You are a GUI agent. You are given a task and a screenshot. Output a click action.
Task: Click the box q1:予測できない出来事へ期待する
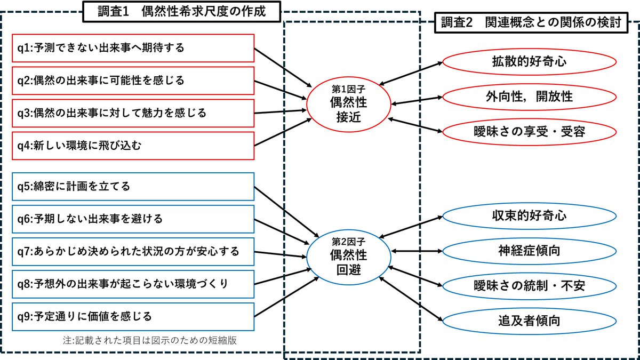133,48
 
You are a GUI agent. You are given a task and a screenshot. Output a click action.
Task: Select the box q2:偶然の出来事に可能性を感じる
133,81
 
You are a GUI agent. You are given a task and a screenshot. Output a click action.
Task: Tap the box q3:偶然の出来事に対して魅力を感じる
133,113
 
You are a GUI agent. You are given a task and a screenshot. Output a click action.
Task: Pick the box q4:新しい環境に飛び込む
133,145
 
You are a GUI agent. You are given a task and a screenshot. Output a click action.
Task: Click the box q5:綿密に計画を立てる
133,187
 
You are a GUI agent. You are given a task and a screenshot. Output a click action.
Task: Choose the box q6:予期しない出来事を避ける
133,219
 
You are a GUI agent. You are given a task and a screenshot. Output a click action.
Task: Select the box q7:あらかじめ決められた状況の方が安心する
133,251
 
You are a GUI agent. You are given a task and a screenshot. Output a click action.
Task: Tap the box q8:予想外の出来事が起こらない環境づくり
133,283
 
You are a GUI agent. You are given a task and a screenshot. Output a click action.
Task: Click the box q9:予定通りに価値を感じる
133,316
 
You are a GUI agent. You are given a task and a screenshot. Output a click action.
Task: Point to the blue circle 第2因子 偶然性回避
349,255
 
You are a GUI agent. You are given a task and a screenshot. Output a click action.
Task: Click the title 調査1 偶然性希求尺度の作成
182,12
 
